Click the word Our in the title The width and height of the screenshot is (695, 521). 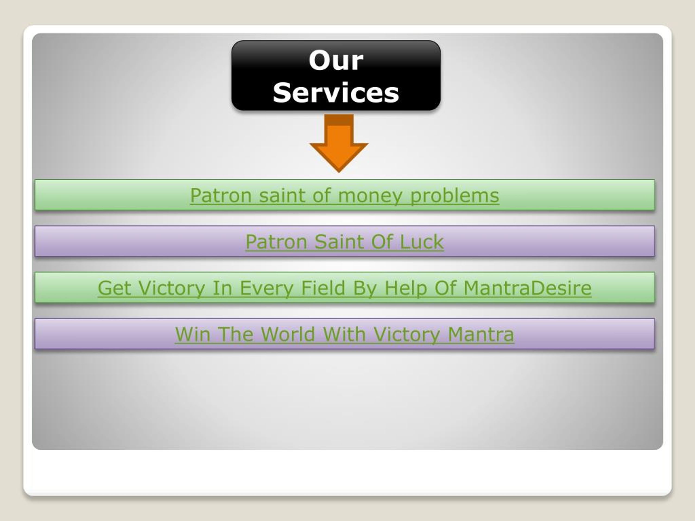[x=336, y=60]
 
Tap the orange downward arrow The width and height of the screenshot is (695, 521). [x=339, y=144]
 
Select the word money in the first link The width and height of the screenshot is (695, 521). [x=370, y=195]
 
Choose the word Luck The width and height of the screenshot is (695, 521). [x=421, y=242]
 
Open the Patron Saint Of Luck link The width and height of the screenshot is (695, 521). [x=344, y=242]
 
